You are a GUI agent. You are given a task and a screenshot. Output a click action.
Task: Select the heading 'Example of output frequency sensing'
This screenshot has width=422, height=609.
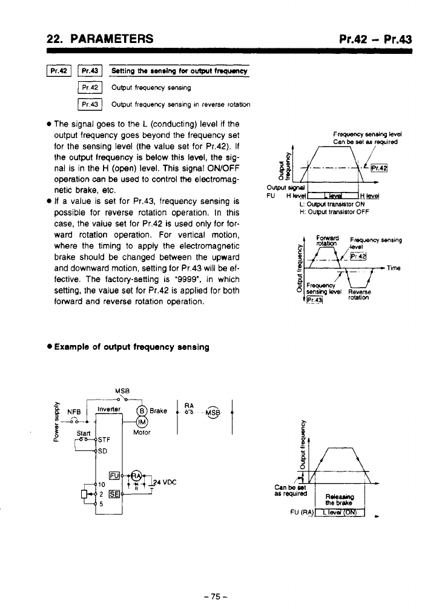(x=131, y=347)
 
